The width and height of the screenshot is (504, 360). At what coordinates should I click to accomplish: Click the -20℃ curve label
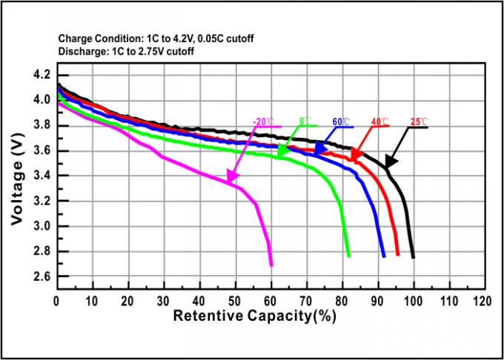pyautogui.click(x=262, y=120)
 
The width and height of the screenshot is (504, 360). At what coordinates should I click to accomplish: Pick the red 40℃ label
pyautogui.click(x=377, y=120)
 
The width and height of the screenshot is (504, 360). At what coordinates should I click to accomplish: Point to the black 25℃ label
pyautogui.click(x=420, y=120)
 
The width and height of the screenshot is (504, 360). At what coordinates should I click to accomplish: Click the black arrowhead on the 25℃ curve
pyautogui.click(x=388, y=161)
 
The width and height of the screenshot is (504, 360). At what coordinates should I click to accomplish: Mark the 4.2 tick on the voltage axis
pyautogui.click(x=42, y=76)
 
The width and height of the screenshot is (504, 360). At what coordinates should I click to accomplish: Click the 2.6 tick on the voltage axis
pyautogui.click(x=42, y=276)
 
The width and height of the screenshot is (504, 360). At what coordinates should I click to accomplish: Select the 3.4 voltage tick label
pyautogui.click(x=42, y=176)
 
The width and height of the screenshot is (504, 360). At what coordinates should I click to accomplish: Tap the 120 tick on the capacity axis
pyautogui.click(x=483, y=301)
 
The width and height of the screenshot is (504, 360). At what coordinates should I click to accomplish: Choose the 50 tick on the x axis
pyautogui.click(x=235, y=301)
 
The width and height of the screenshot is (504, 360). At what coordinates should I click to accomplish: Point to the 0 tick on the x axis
pyautogui.click(x=57, y=301)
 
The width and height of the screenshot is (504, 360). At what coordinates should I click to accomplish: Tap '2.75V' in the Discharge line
pyautogui.click(x=145, y=52)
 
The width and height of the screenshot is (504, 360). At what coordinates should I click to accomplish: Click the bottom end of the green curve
pyautogui.click(x=348, y=255)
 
